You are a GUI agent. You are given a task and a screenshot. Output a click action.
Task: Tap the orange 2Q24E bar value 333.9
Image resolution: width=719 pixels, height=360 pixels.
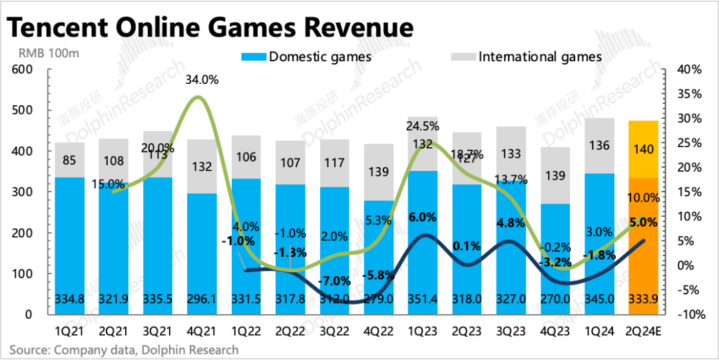pos(644,301)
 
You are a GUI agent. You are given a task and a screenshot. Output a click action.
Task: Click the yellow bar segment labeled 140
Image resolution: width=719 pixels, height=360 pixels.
pos(644,151)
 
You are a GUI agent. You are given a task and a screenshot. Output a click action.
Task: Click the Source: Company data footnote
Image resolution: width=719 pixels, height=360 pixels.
pos(123,349)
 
